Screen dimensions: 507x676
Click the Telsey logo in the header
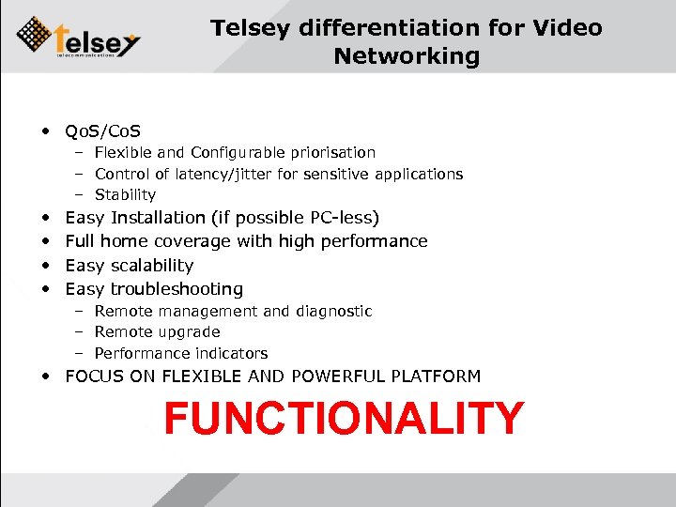coord(79,37)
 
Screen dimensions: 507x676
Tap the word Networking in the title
coord(406,56)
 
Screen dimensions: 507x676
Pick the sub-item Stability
coord(125,195)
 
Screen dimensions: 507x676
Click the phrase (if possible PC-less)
coord(296,218)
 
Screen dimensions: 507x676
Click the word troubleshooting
coord(177,289)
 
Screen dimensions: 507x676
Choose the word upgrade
coord(189,331)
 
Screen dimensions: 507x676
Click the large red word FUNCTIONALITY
coord(343,419)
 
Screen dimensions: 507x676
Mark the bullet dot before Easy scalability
coord(46,266)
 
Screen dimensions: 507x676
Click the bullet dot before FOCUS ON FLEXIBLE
coord(46,376)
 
